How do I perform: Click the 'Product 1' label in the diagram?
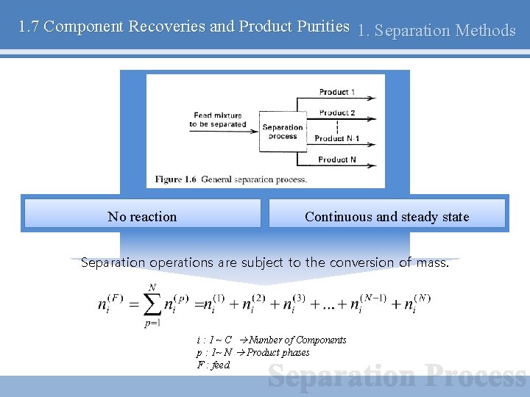pyautogui.click(x=336, y=92)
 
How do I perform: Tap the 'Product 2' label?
pyautogui.click(x=336, y=112)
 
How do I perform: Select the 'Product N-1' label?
pyautogui.click(x=336, y=138)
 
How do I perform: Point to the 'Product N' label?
pyautogui.click(x=336, y=160)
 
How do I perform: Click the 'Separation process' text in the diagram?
pyautogui.click(x=283, y=131)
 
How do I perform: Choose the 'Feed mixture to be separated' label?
pyautogui.click(x=217, y=120)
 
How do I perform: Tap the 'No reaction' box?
pyautogui.click(x=142, y=216)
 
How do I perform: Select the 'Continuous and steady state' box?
pyautogui.click(x=386, y=216)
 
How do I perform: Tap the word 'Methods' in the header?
pyautogui.click(x=486, y=31)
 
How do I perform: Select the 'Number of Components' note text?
pyautogui.click(x=297, y=340)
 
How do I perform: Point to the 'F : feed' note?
pyautogui.click(x=213, y=365)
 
